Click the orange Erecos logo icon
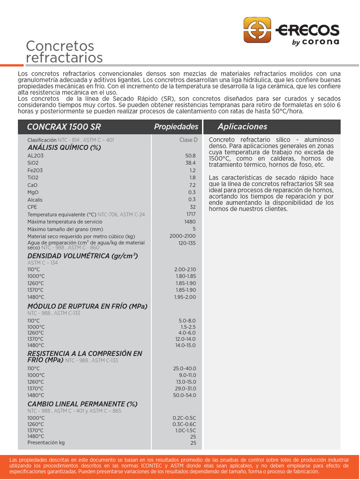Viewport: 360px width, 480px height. coord(257,30)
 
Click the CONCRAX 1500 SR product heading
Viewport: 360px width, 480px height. coord(64,127)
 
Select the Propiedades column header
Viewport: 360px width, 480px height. coord(176,127)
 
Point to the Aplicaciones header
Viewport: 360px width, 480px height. coord(242,127)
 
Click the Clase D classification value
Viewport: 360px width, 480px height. coord(188,140)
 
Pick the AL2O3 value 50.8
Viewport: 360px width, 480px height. coord(190,155)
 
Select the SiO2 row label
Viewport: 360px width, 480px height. coord(33,163)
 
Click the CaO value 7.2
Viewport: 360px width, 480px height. coord(192,185)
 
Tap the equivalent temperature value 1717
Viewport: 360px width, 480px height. coord(191,214)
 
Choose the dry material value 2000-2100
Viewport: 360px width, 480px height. coord(183,236)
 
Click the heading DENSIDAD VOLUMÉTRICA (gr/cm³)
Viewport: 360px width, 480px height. coord(82,256)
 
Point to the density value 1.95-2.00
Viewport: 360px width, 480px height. coord(185,297)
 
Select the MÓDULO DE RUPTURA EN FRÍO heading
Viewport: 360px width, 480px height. coord(87,307)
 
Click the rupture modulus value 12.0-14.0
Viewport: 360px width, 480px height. coord(186,339)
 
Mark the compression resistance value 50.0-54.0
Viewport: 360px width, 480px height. coord(185,395)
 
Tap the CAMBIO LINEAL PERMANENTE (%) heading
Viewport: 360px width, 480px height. coord(82,404)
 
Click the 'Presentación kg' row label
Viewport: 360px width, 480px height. coord(46,442)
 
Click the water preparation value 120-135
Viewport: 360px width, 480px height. coord(187,243)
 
